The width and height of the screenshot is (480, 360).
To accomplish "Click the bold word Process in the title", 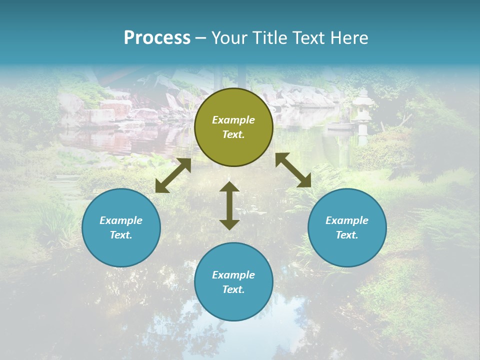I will (157, 38).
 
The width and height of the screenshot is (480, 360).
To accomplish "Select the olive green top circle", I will (233, 127).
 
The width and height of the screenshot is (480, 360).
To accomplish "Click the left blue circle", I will (121, 227).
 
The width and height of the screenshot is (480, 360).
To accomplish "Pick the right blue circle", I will (347, 227).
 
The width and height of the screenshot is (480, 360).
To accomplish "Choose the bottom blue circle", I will (233, 281).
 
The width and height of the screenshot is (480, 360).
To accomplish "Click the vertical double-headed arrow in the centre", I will (229, 205).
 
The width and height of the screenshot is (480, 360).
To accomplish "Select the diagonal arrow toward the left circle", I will (173, 175).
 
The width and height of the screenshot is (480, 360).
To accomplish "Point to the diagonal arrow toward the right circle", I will (293, 170).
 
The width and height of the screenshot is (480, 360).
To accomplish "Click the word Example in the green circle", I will (233, 120).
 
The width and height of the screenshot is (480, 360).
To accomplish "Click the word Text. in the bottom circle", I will (233, 289).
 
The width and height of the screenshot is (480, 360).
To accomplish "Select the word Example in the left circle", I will (121, 220).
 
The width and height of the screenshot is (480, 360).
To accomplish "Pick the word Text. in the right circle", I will (347, 235).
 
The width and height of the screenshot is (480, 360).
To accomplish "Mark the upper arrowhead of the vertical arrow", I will (229, 187).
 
